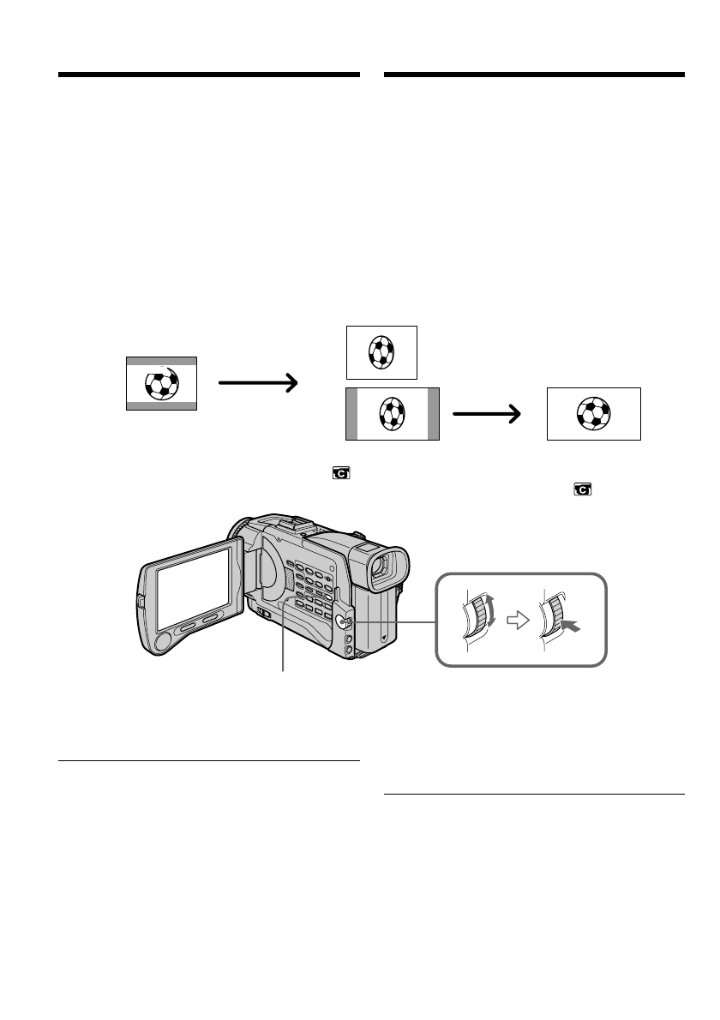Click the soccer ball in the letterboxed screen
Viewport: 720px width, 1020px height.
[x=161, y=383]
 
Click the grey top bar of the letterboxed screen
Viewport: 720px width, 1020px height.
[x=161, y=362]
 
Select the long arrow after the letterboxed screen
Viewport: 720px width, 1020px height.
[x=258, y=383]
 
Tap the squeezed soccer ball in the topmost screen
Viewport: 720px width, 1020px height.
[x=381, y=351]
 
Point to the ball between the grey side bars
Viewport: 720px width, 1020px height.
[x=392, y=413]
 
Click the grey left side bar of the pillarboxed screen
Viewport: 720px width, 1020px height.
[x=351, y=413]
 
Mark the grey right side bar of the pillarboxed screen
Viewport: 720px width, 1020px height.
[x=433, y=413]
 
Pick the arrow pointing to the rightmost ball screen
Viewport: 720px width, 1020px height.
[x=487, y=414]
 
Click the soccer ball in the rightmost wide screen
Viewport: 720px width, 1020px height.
[x=593, y=413]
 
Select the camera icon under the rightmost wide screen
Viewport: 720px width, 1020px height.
[x=583, y=489]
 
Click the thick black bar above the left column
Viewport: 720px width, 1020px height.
[x=209, y=75]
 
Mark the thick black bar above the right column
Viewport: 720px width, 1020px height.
[x=535, y=75]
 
